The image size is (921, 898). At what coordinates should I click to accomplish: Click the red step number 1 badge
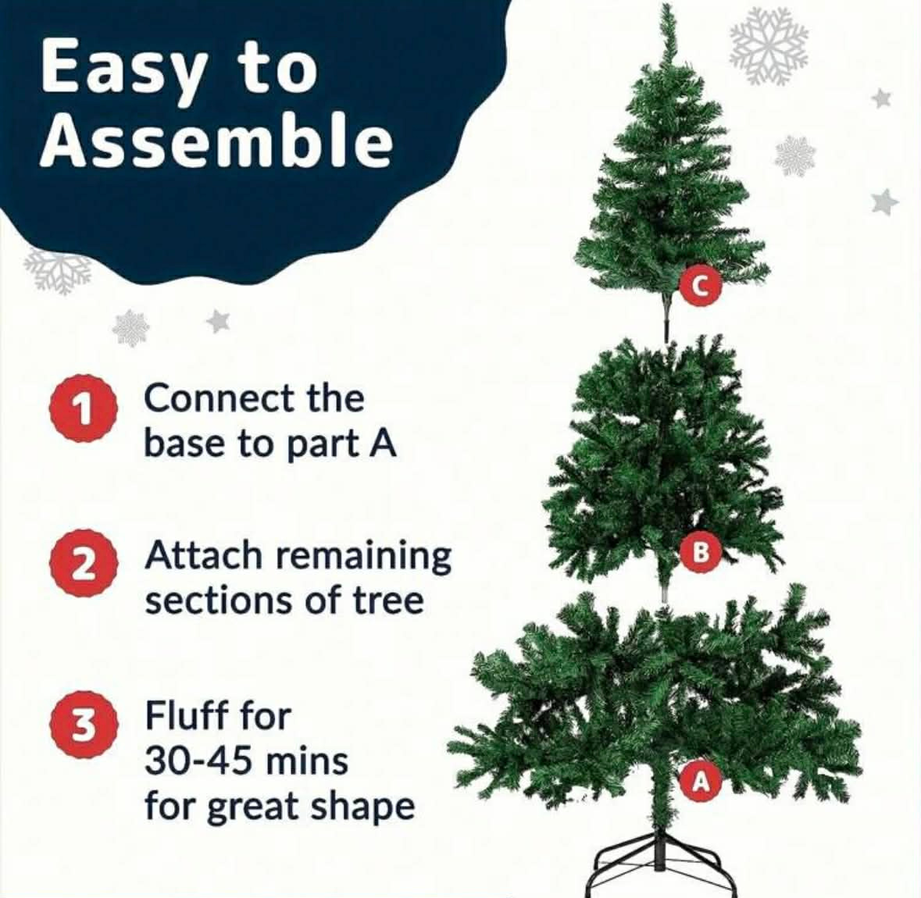(84, 408)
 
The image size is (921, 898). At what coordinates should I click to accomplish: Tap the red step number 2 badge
(84, 565)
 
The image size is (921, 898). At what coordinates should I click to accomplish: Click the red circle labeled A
(700, 781)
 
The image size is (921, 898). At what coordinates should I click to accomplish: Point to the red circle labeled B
(700, 552)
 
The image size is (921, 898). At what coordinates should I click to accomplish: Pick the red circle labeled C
(700, 287)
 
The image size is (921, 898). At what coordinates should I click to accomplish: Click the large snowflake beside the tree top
(769, 46)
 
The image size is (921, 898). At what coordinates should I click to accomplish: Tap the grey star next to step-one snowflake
(218, 321)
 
